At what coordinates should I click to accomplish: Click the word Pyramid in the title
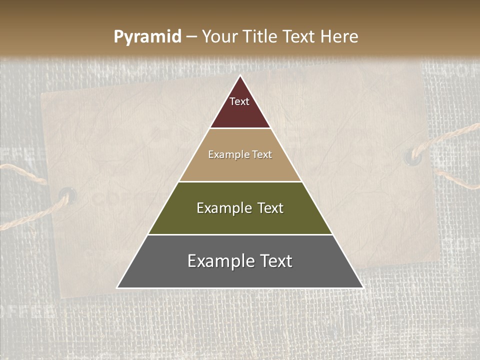(x=147, y=37)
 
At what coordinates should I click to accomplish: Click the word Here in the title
(x=339, y=37)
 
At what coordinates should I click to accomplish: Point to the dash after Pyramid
(x=191, y=37)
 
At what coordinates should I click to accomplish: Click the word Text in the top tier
(x=239, y=101)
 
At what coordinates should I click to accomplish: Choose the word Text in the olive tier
(x=270, y=208)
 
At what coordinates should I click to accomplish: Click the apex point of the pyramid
(x=240, y=76)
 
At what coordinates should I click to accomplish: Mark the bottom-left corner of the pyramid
(x=117, y=287)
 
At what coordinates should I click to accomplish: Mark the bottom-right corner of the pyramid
(x=362, y=287)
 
